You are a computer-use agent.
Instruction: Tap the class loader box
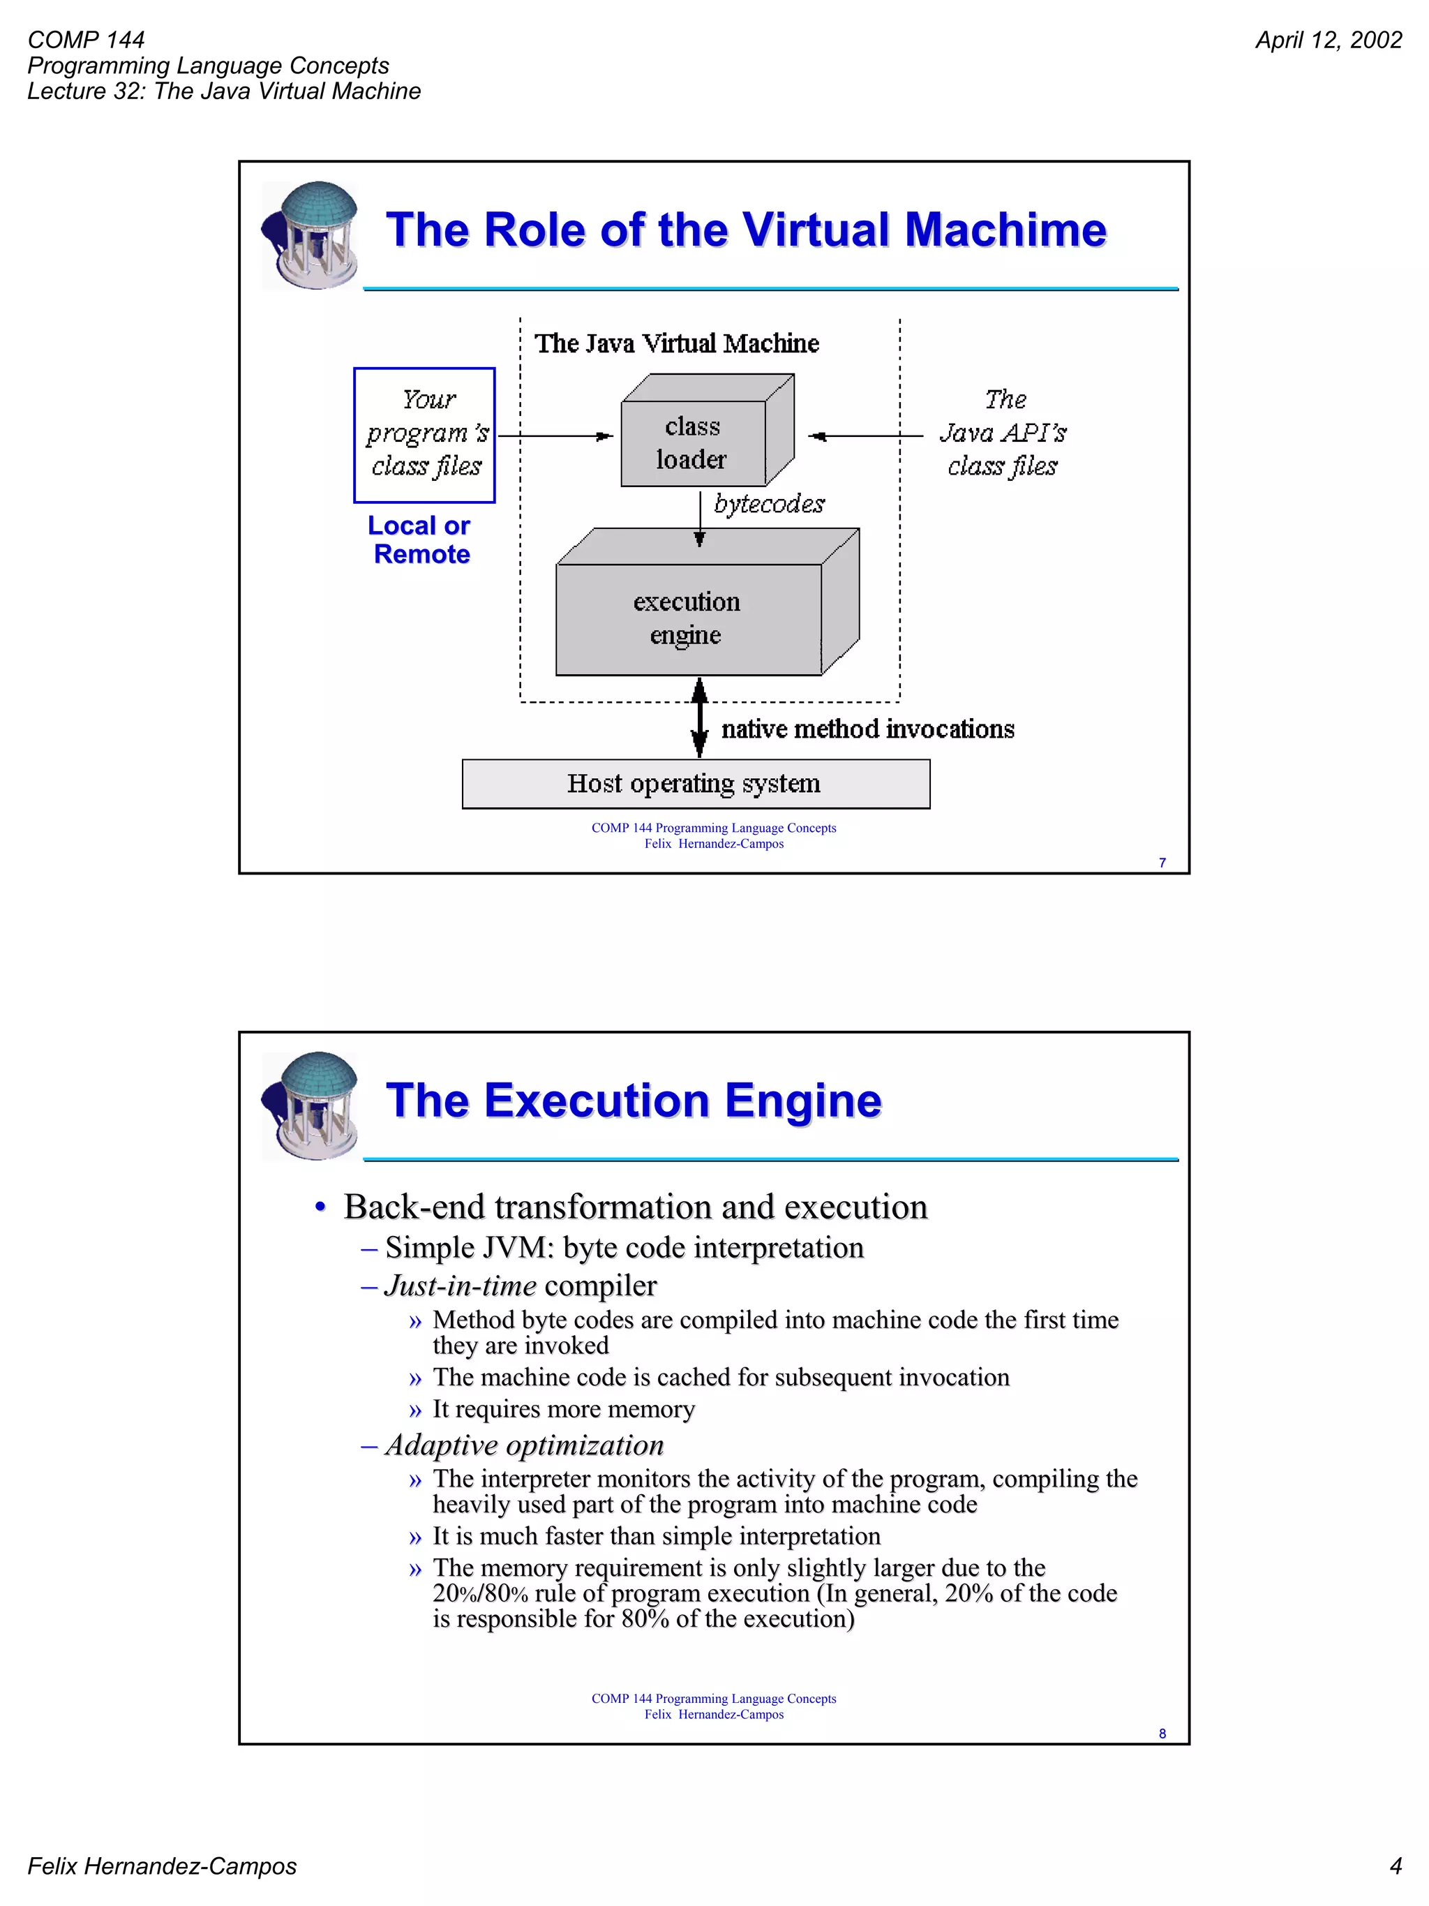pyautogui.click(x=694, y=443)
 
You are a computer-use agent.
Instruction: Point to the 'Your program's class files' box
pyautogui.click(x=425, y=434)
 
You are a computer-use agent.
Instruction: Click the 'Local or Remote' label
pyautogui.click(x=420, y=540)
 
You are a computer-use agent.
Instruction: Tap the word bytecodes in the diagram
pyautogui.click(x=769, y=504)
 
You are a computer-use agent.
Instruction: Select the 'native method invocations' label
pyautogui.click(x=867, y=730)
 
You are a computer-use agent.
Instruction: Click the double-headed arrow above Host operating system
pyautogui.click(x=699, y=717)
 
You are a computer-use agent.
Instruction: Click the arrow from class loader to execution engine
pyautogui.click(x=699, y=517)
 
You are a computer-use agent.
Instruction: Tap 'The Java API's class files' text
pyautogui.click(x=1003, y=433)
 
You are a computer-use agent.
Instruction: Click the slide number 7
pyautogui.click(x=1162, y=863)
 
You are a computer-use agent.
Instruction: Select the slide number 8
pyautogui.click(x=1162, y=1733)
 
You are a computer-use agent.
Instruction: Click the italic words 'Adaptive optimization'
pyautogui.click(x=525, y=1445)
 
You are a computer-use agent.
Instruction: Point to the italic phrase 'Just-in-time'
pyautogui.click(x=461, y=1286)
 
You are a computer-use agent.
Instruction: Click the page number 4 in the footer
pyautogui.click(x=1396, y=1866)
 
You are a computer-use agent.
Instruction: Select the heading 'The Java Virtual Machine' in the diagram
pyautogui.click(x=676, y=344)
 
